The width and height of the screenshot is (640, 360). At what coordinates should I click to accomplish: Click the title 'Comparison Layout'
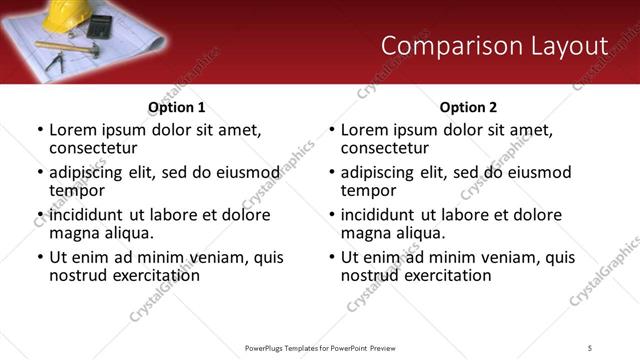point(495,46)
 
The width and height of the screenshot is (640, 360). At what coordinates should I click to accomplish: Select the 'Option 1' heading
point(177,107)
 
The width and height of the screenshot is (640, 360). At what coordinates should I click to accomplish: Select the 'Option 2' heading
point(468,107)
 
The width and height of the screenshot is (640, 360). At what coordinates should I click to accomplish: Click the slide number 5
point(590,347)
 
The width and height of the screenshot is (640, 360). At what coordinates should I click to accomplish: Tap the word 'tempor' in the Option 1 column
point(78,190)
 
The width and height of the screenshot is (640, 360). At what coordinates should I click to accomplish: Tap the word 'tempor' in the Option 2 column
point(369,190)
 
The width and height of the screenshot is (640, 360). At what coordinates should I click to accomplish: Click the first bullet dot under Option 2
point(332,130)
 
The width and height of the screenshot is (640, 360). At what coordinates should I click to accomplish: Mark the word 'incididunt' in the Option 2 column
point(381,215)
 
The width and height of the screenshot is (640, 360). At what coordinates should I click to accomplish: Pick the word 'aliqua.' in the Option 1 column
point(126,233)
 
